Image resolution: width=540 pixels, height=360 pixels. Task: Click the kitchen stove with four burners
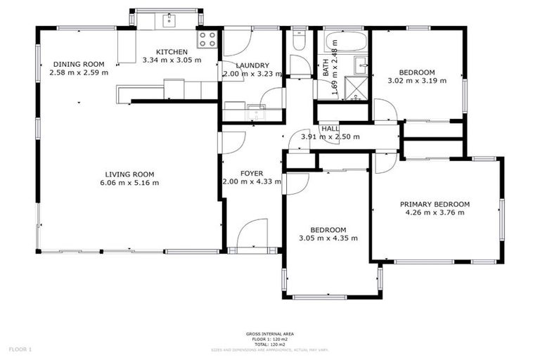207,39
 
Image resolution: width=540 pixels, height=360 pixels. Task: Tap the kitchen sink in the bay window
169,20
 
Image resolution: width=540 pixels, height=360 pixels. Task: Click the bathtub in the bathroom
344,41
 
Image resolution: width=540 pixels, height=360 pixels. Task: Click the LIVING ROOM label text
129,174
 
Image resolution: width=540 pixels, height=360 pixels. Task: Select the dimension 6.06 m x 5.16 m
129,184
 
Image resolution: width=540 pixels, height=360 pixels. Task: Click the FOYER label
251,173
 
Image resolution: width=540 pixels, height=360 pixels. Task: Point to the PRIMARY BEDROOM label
435,205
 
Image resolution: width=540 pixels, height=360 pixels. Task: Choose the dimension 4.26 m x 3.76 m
435,213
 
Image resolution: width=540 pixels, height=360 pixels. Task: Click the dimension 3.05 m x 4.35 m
328,238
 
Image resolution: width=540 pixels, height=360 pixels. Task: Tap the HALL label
330,129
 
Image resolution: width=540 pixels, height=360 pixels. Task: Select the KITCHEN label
172,52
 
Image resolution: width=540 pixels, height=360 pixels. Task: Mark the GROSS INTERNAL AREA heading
270,334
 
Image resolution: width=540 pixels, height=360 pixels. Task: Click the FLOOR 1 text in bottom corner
20,349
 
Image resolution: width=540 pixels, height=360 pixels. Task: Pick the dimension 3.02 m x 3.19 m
417,80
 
